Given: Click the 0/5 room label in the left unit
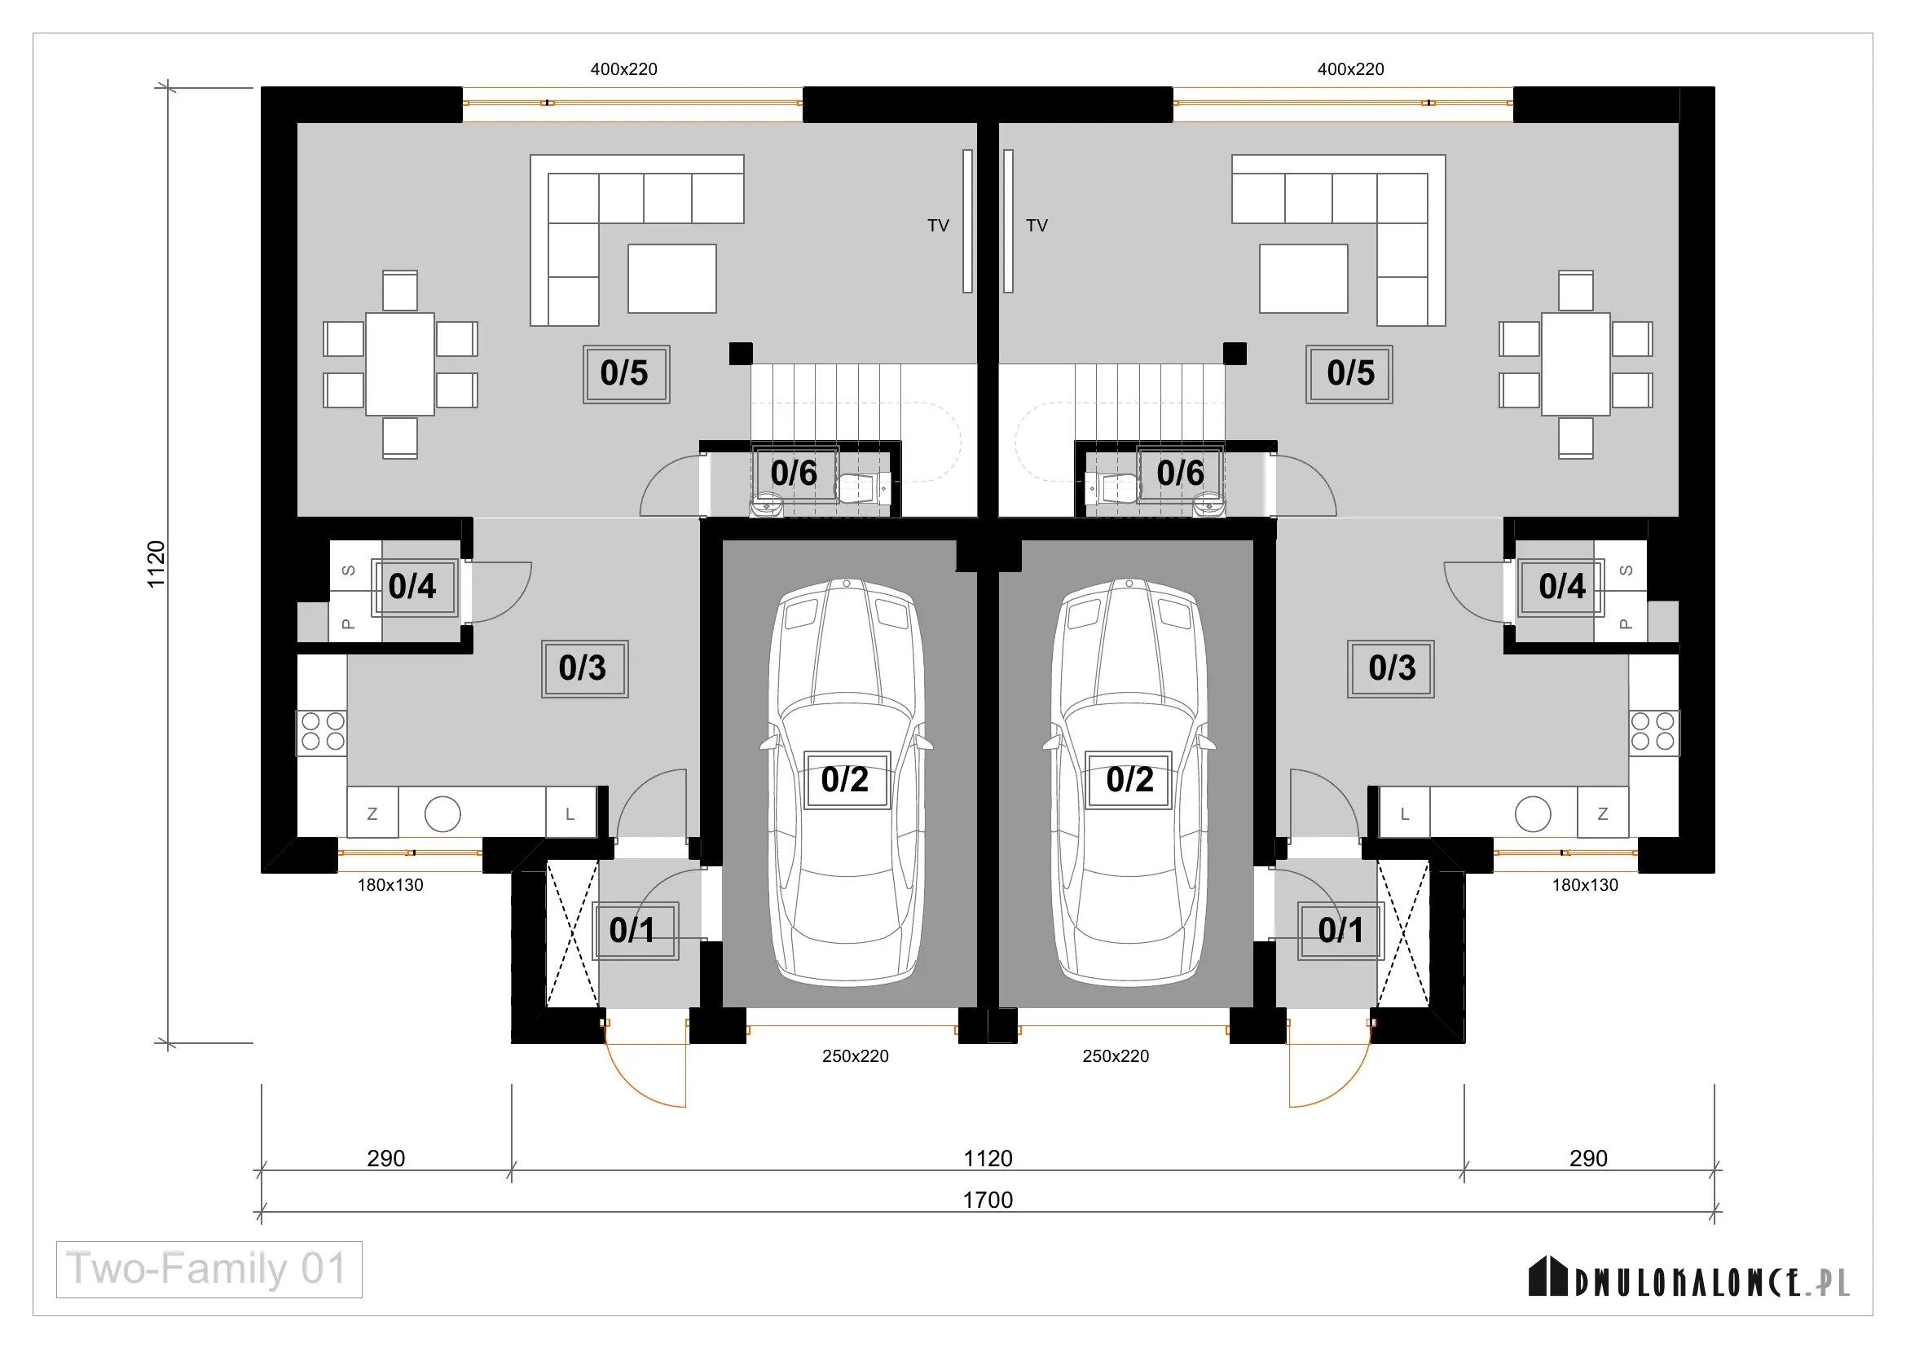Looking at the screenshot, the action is pos(626,374).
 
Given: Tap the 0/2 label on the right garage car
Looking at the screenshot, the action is pos(1129,780).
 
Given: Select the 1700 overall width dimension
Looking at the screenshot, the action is pos(987,1200).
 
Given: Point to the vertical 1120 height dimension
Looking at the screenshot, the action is pos(156,565).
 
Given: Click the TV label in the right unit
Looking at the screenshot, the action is pos(1037,226).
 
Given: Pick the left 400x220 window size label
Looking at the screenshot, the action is pos(623,70).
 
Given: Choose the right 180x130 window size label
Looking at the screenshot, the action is pos(1585,885).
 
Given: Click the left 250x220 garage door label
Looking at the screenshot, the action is pos(855,1055).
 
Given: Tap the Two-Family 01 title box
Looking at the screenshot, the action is pos(209,1269).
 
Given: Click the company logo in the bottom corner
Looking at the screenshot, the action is pos(1688,1278).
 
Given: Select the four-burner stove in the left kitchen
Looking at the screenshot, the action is pos(322,733).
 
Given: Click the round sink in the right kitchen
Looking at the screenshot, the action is pos(1533,813).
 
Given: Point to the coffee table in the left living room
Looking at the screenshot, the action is pos(671,278).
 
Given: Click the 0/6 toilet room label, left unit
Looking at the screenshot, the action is pos(795,474).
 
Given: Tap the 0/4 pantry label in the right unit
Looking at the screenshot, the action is pos(1560,587).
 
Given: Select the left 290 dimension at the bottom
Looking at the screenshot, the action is pos(386,1158).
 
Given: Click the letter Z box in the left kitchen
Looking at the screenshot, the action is pos(372,813).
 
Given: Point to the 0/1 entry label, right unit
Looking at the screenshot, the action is pos(1340,931).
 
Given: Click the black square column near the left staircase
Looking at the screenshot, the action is pos(741,354).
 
